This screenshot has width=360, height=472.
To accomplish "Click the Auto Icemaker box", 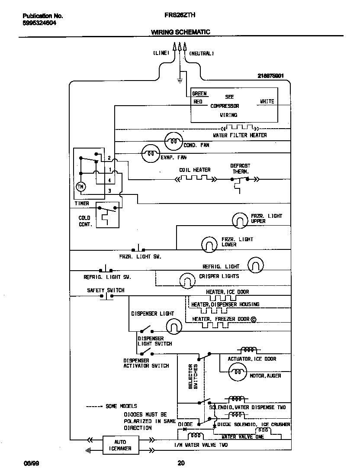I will [x=120, y=445].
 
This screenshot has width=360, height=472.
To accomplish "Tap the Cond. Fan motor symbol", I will [x=174, y=140].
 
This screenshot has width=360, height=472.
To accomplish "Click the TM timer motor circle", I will [x=81, y=187].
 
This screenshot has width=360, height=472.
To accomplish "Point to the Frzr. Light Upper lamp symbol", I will [x=240, y=220].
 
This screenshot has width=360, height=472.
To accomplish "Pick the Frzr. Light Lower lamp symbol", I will [x=209, y=244].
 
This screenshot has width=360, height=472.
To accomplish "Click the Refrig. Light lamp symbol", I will [x=256, y=265].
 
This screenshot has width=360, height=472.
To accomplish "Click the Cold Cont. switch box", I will [x=107, y=215].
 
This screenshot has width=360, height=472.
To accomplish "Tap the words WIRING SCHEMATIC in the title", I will [x=180, y=32].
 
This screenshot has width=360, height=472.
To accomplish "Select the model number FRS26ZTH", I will [x=180, y=15].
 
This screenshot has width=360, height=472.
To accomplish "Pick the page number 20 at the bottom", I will [x=181, y=464].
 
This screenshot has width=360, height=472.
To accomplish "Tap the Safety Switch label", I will [x=106, y=291].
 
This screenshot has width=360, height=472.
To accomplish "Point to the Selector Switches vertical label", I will [x=193, y=376].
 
